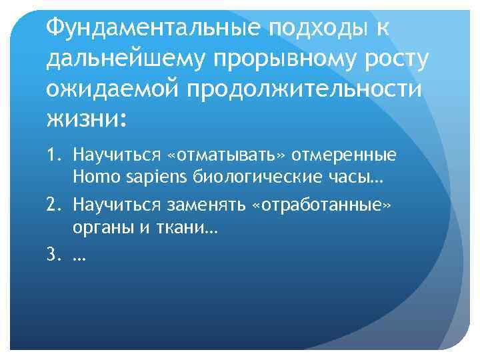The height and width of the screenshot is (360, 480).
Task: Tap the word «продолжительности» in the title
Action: [x=307, y=89]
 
